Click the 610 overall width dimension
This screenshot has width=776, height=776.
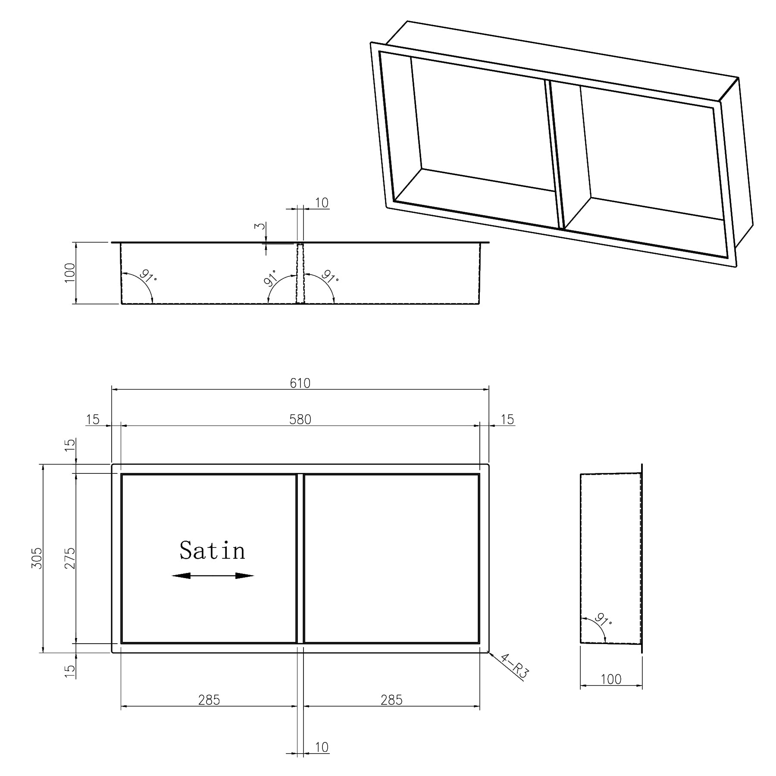click(300, 383)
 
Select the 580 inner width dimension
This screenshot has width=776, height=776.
click(300, 419)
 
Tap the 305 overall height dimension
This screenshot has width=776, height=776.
click(37, 558)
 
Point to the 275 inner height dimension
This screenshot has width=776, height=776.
click(70, 558)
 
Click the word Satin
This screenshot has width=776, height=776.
click(212, 551)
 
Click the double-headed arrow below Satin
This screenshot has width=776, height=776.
click(213, 576)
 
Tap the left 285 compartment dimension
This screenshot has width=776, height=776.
click(209, 700)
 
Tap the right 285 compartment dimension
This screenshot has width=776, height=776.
click(391, 700)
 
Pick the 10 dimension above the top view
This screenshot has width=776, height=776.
click(322, 203)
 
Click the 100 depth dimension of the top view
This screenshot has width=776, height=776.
click(70, 272)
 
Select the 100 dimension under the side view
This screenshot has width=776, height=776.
click(611, 679)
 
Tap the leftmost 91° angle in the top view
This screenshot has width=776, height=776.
click(147, 276)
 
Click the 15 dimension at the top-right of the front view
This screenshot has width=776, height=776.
click(507, 419)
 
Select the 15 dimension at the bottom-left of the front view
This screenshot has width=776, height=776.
click(70, 669)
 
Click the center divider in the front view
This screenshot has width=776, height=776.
click(300, 558)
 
